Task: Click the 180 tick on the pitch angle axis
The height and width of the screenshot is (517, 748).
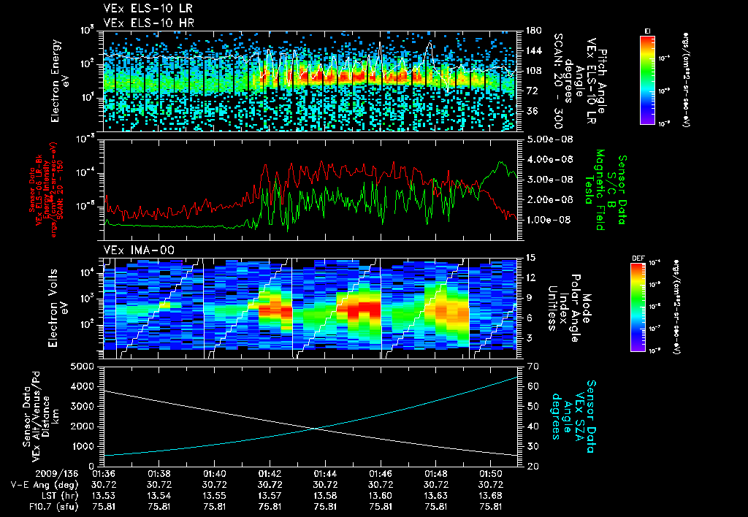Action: (533, 31)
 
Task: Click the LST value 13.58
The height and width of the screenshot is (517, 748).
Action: (325, 495)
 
